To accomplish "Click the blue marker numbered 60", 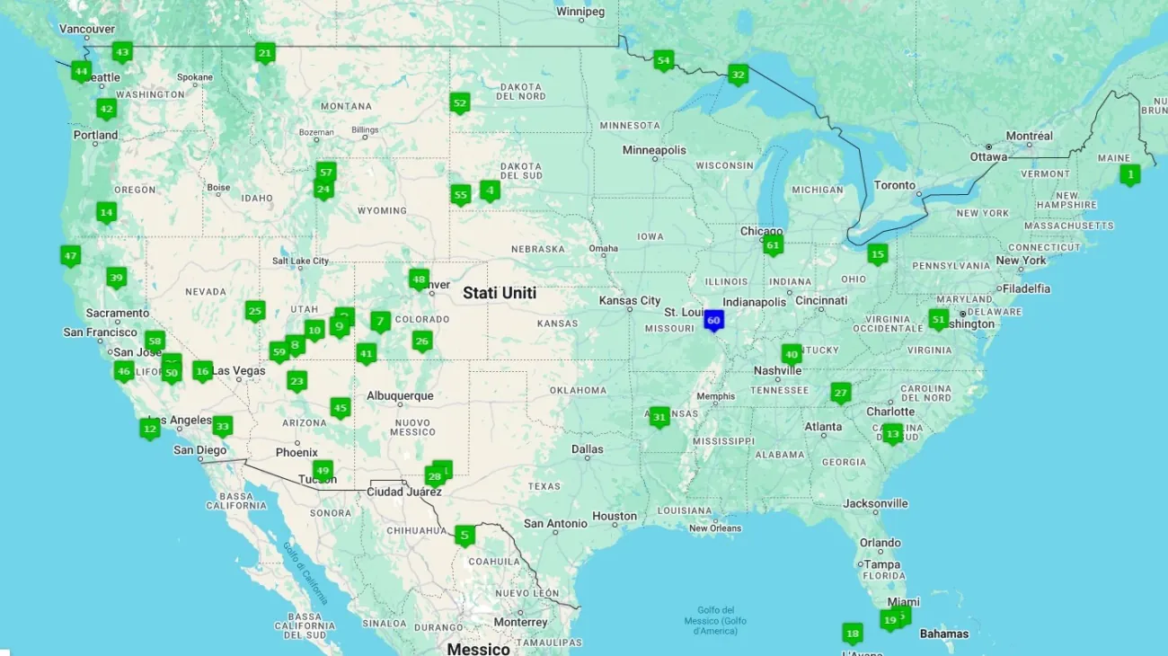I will (x=713, y=320).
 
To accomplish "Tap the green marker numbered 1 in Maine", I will (x=1130, y=173).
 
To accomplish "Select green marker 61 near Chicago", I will (x=773, y=244).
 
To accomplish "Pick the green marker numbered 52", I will (x=460, y=103).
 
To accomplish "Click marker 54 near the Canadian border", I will (x=663, y=61).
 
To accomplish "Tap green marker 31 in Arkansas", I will (x=659, y=417).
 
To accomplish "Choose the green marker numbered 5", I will (x=464, y=536).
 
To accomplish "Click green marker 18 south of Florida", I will (x=852, y=634).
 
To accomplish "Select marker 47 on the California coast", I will (x=70, y=255).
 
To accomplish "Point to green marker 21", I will (x=264, y=53).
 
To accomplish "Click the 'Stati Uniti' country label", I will (x=500, y=293).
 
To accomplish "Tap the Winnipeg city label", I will (x=580, y=12).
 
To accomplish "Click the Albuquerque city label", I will (x=400, y=395).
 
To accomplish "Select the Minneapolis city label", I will (x=654, y=150).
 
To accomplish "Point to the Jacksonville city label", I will (x=875, y=503).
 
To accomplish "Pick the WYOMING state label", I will (x=382, y=210).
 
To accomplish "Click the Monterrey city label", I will (x=520, y=622).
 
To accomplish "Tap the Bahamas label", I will (x=943, y=634).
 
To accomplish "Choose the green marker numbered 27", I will (x=840, y=392).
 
